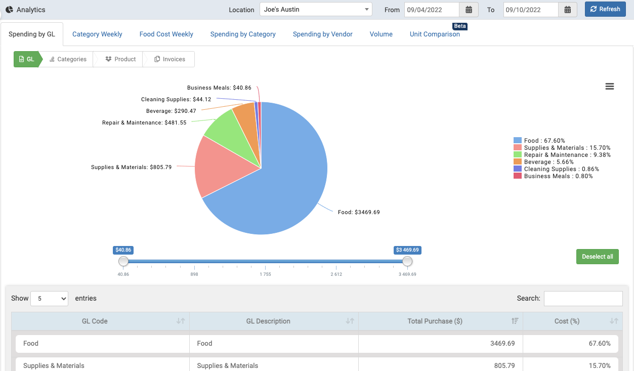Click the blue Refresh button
(605, 9)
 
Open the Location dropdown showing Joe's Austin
(316, 10)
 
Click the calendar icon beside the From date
(469, 10)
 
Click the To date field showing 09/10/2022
(531, 10)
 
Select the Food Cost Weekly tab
(166, 34)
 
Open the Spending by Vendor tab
(322, 34)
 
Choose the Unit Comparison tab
(435, 34)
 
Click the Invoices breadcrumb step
(170, 59)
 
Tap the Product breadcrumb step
(120, 59)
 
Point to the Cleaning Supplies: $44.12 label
(176, 100)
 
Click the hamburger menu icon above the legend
(609, 87)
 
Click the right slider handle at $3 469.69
(407, 261)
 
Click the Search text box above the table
(583, 299)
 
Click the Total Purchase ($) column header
(435, 321)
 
